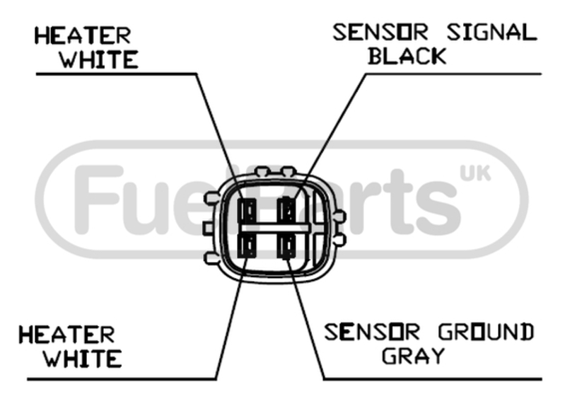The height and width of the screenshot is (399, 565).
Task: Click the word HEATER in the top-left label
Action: (x=83, y=35)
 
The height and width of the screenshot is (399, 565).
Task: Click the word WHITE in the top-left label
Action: (x=99, y=59)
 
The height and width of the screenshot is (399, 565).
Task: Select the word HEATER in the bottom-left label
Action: (x=67, y=335)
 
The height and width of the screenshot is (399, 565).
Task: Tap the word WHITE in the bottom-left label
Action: (x=83, y=358)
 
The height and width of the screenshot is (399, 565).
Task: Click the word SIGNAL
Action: (x=492, y=32)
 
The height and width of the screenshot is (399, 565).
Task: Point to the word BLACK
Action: (x=407, y=56)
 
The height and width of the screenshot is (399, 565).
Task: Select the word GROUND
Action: (x=487, y=332)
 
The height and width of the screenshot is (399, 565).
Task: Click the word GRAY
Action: (x=413, y=355)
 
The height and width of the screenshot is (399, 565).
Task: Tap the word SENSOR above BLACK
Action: (x=380, y=32)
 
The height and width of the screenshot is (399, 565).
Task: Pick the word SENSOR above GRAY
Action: (x=372, y=332)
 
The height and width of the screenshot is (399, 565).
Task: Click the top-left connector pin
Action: (x=247, y=211)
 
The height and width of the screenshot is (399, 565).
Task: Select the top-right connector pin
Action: (x=287, y=210)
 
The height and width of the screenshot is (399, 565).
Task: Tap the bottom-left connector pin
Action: (x=247, y=245)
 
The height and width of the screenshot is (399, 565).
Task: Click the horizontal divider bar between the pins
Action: (x=274, y=228)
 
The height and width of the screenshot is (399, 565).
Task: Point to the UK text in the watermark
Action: (x=475, y=173)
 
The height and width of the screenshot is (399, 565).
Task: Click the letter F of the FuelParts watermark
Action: (x=98, y=199)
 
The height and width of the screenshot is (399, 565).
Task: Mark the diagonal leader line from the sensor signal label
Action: (x=330, y=137)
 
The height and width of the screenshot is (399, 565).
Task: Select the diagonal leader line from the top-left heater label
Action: (x=219, y=137)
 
